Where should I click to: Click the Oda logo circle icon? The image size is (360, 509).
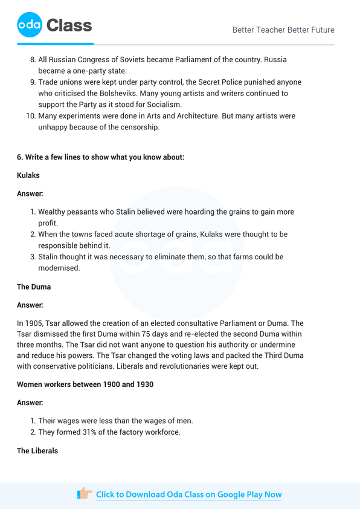30,25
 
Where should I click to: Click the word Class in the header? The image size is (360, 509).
69,25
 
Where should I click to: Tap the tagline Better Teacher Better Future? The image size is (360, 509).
283,30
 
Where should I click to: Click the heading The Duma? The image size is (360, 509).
34,287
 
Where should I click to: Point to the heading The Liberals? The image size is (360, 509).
37,450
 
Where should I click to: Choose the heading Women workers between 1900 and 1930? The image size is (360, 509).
85,384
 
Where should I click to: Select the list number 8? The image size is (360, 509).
33,60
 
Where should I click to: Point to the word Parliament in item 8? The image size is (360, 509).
192,60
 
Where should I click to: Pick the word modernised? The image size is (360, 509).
59,268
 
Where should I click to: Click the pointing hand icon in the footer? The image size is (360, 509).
85,493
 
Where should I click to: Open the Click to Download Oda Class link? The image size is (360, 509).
188,494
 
